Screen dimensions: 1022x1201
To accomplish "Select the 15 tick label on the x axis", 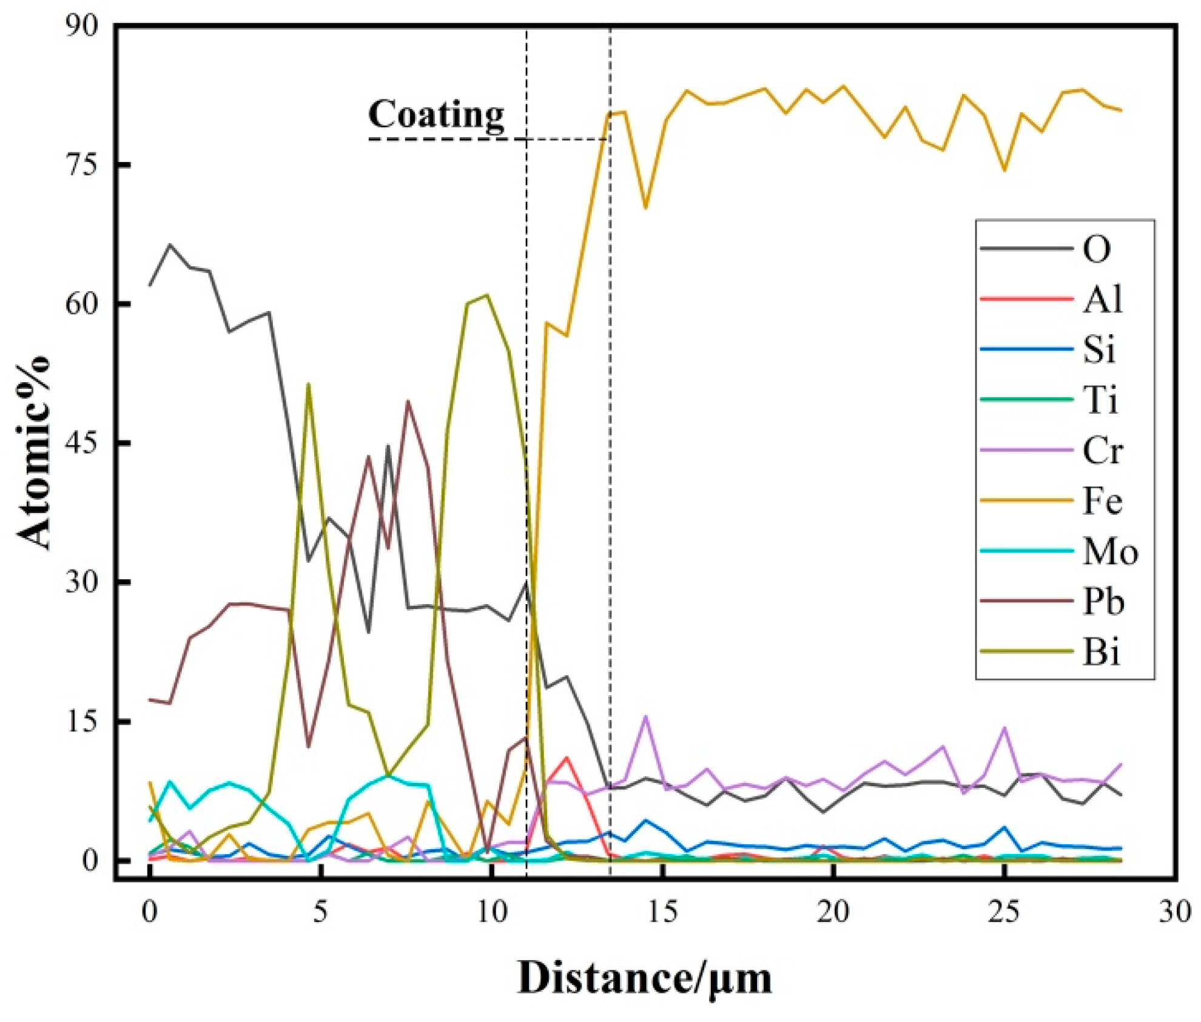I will (x=663, y=912).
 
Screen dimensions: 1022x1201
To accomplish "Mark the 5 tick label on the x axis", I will (x=321, y=912).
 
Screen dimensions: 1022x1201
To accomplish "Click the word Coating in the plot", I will (x=436, y=115).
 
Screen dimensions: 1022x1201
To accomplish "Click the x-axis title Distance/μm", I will (x=645, y=978).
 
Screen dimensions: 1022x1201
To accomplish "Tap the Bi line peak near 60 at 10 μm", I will (x=487, y=295).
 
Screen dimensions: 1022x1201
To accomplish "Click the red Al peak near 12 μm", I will (x=567, y=758).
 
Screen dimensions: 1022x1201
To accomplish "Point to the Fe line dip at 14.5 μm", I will (x=645, y=208).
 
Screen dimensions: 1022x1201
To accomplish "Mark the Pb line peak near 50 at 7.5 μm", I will (x=408, y=401).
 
